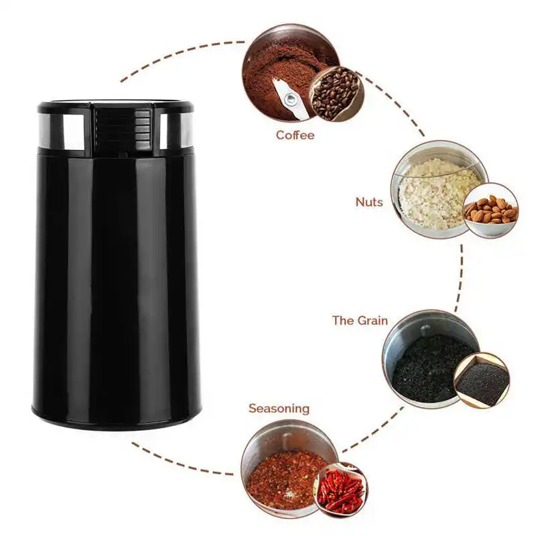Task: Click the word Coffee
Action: coord(295,135)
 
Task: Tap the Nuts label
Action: coord(370,202)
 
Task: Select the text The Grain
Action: coord(360,320)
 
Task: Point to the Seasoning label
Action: coord(279,408)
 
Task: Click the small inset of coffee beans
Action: coord(336,94)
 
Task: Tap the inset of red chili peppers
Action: coord(340,491)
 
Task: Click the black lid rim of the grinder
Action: coord(115,106)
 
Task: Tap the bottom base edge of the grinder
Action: coord(116,421)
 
